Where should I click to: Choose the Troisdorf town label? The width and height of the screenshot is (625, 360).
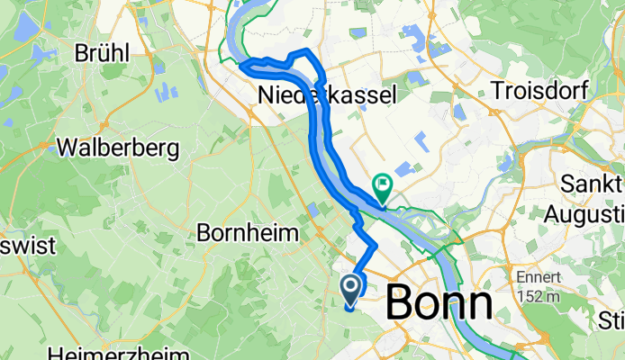540,90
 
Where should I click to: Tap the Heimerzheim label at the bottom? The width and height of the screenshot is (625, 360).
119,353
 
